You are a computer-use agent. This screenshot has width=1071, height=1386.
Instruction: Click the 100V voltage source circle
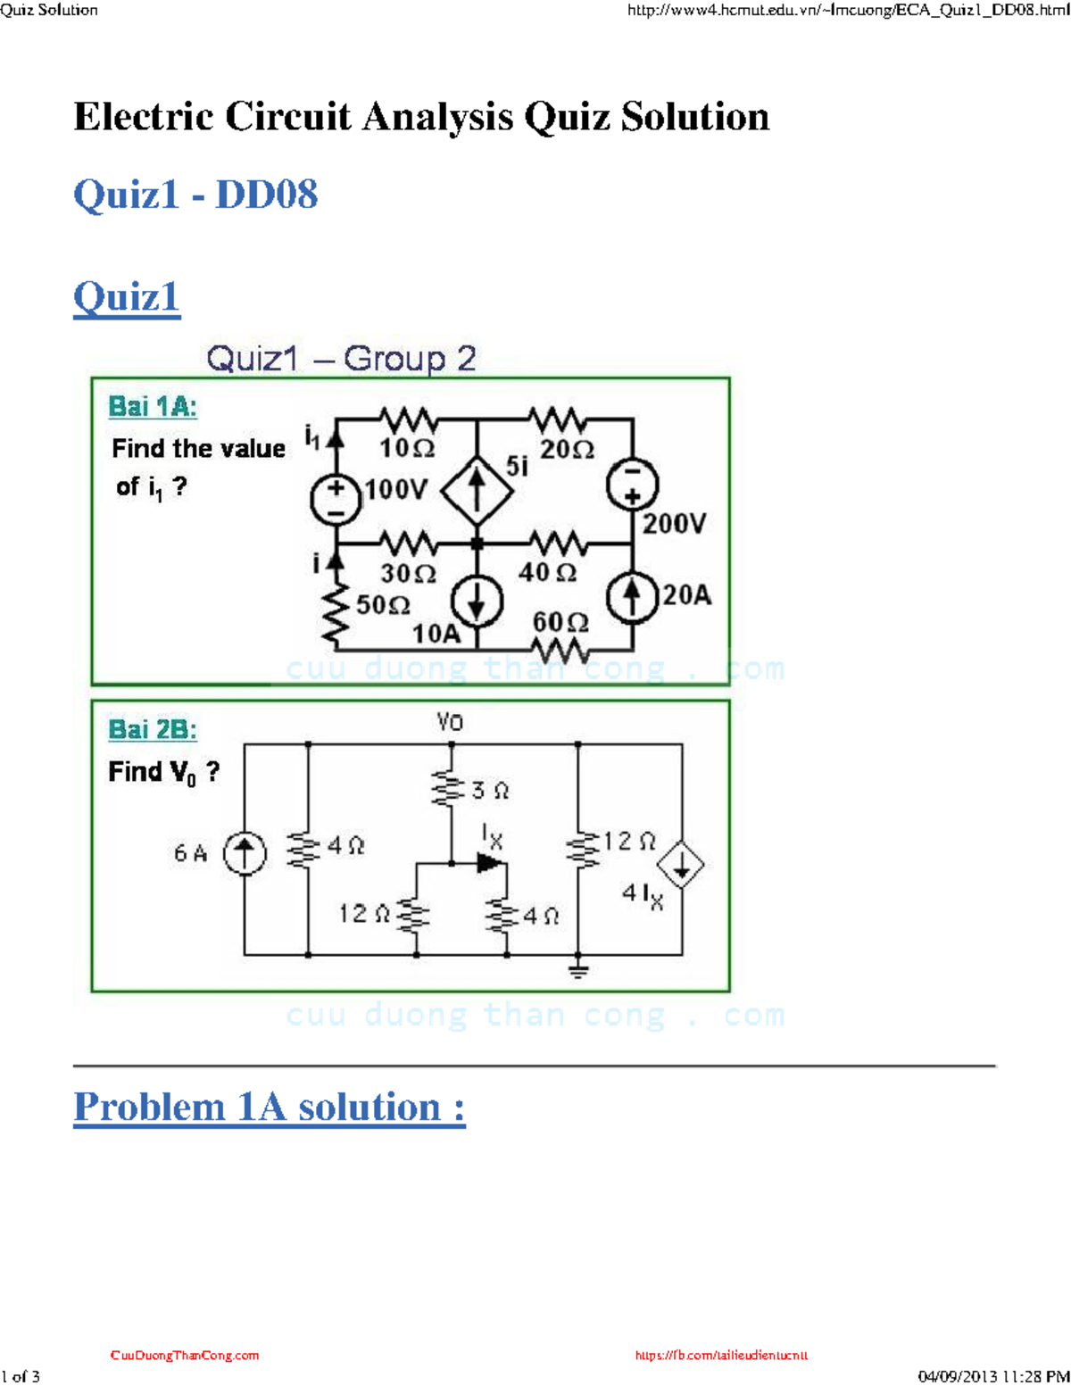click(336, 499)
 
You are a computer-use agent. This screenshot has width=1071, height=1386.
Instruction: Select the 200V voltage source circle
click(632, 486)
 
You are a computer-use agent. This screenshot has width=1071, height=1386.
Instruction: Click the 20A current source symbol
click(632, 597)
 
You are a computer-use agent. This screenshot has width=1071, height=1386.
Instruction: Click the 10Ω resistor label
click(407, 448)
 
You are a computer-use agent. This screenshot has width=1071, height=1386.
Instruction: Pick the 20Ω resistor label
click(567, 449)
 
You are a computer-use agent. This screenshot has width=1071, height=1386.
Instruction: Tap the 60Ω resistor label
click(560, 621)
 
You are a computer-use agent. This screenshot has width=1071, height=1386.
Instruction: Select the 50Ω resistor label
click(383, 605)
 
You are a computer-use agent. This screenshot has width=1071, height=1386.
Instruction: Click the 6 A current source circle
click(244, 853)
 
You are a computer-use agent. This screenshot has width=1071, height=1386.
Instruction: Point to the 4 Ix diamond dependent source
click(681, 865)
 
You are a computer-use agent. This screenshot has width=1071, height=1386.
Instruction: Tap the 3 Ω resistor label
click(490, 791)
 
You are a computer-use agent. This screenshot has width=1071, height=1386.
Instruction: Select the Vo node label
click(450, 722)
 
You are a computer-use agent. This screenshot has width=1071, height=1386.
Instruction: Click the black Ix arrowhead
click(490, 863)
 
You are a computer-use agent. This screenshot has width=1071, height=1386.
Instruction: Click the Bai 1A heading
click(153, 407)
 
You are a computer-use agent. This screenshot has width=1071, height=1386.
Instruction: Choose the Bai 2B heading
click(153, 730)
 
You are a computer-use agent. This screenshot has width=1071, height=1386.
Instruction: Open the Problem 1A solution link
click(270, 1108)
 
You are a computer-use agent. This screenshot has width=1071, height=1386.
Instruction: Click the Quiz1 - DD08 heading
click(195, 195)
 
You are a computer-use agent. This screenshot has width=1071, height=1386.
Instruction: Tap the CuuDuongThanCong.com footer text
click(185, 1355)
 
